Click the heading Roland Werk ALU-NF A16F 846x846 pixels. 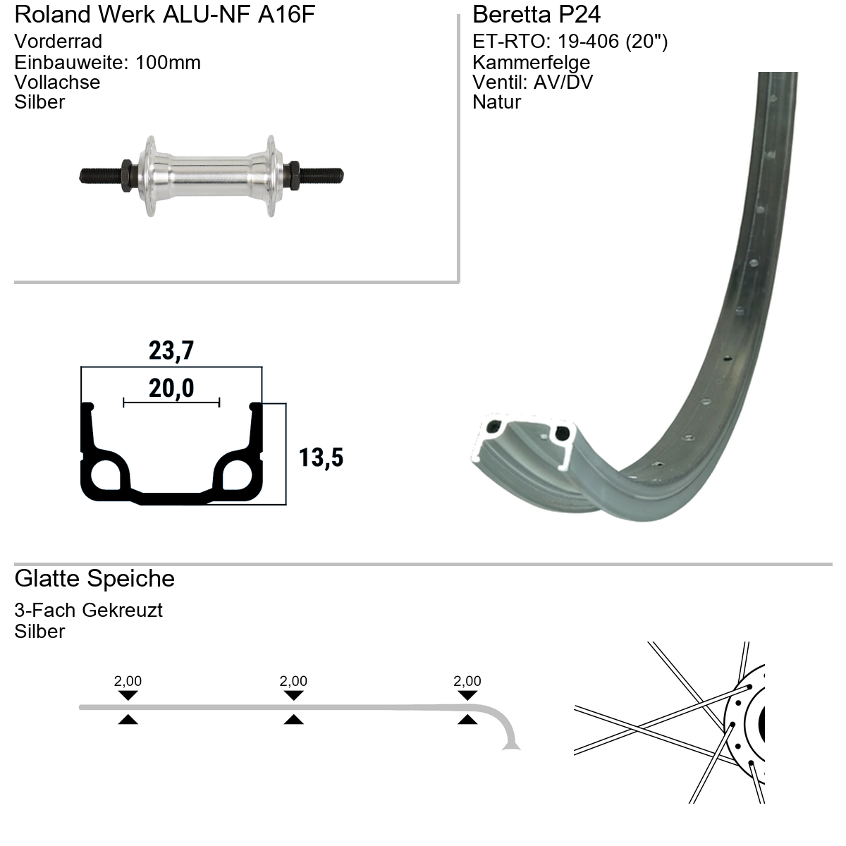tap(165, 15)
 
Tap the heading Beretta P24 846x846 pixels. tap(536, 15)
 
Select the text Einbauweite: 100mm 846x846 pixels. tap(108, 62)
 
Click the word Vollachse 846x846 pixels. tap(58, 82)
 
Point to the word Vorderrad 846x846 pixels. tap(59, 42)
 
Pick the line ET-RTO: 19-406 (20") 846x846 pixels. tap(570, 42)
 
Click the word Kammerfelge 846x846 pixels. tap(532, 62)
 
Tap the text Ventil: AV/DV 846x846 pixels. tap(532, 82)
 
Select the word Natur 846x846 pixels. tap(496, 102)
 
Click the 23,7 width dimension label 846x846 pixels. tap(171, 351)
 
